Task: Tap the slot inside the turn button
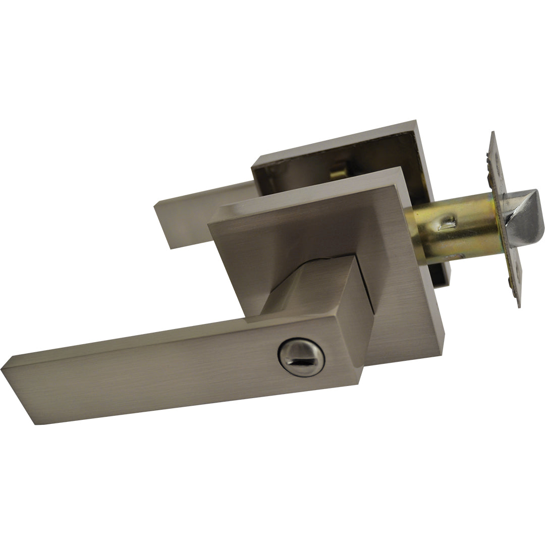(301, 359)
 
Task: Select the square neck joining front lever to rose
(323, 288)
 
